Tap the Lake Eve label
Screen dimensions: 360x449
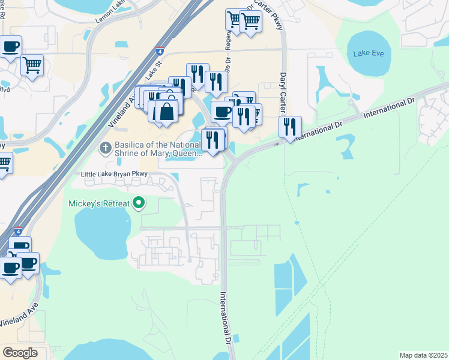click(369, 53)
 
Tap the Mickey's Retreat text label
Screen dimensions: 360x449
click(100, 203)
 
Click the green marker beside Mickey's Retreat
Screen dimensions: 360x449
click(139, 203)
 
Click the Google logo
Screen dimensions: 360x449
click(20, 353)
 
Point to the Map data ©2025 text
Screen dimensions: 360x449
click(423, 355)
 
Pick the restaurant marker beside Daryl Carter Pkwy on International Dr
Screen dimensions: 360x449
click(290, 127)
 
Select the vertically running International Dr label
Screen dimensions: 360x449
click(226, 316)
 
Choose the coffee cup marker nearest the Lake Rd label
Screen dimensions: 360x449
click(10, 46)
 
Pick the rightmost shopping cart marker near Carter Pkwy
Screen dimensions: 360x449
click(250, 22)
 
